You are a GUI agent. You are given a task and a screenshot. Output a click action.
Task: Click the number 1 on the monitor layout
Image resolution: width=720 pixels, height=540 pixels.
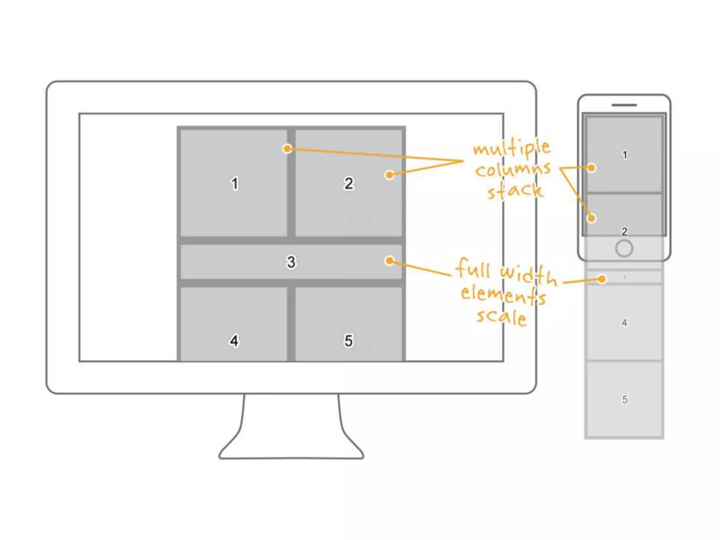[235, 184]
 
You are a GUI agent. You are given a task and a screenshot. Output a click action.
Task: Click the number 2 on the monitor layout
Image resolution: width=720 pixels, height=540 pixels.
[348, 184]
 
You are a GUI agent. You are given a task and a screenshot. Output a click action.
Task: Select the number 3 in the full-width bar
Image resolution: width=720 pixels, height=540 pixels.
[291, 262]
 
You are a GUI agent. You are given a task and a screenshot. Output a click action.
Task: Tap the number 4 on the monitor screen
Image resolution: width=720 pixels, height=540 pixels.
[234, 341]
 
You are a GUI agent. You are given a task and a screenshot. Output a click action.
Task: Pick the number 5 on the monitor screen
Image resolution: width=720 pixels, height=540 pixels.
[348, 341]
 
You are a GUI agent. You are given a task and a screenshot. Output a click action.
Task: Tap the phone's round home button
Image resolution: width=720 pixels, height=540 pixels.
[624, 249]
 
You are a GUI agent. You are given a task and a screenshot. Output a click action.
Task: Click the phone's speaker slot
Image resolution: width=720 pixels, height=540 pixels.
[624, 105]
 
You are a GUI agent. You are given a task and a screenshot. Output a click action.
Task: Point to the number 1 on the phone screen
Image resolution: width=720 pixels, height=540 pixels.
[625, 155]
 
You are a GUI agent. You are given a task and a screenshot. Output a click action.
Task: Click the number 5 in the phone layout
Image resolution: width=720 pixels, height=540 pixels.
[625, 400]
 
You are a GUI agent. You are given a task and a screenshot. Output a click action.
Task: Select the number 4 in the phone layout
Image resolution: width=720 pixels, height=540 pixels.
[624, 323]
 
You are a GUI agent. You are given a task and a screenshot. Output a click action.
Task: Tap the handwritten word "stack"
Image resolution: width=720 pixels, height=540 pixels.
[515, 191]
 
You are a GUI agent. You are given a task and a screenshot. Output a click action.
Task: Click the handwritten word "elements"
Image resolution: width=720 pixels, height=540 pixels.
[503, 295]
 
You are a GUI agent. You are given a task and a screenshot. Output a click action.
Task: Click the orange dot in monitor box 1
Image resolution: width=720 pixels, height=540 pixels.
[288, 149]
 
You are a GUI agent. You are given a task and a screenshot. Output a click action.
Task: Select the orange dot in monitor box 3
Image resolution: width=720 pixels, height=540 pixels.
[389, 261]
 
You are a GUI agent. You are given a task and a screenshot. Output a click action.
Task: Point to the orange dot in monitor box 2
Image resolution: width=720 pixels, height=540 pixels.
[389, 175]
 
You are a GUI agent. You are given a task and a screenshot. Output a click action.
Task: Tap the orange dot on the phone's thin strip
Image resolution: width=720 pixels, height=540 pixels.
[602, 279]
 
